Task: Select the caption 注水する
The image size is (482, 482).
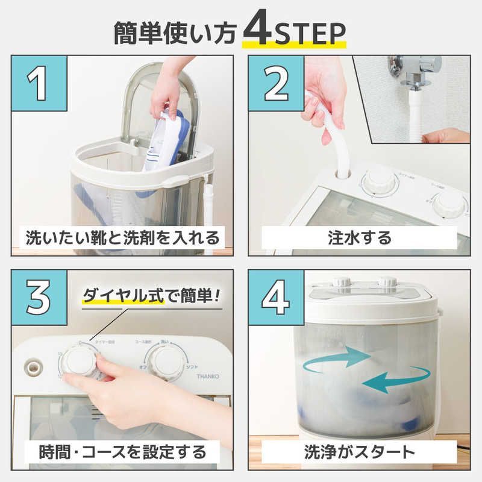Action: (x=361, y=237)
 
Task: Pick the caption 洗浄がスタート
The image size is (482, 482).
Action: (x=361, y=450)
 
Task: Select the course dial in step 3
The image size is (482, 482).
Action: (x=167, y=363)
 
